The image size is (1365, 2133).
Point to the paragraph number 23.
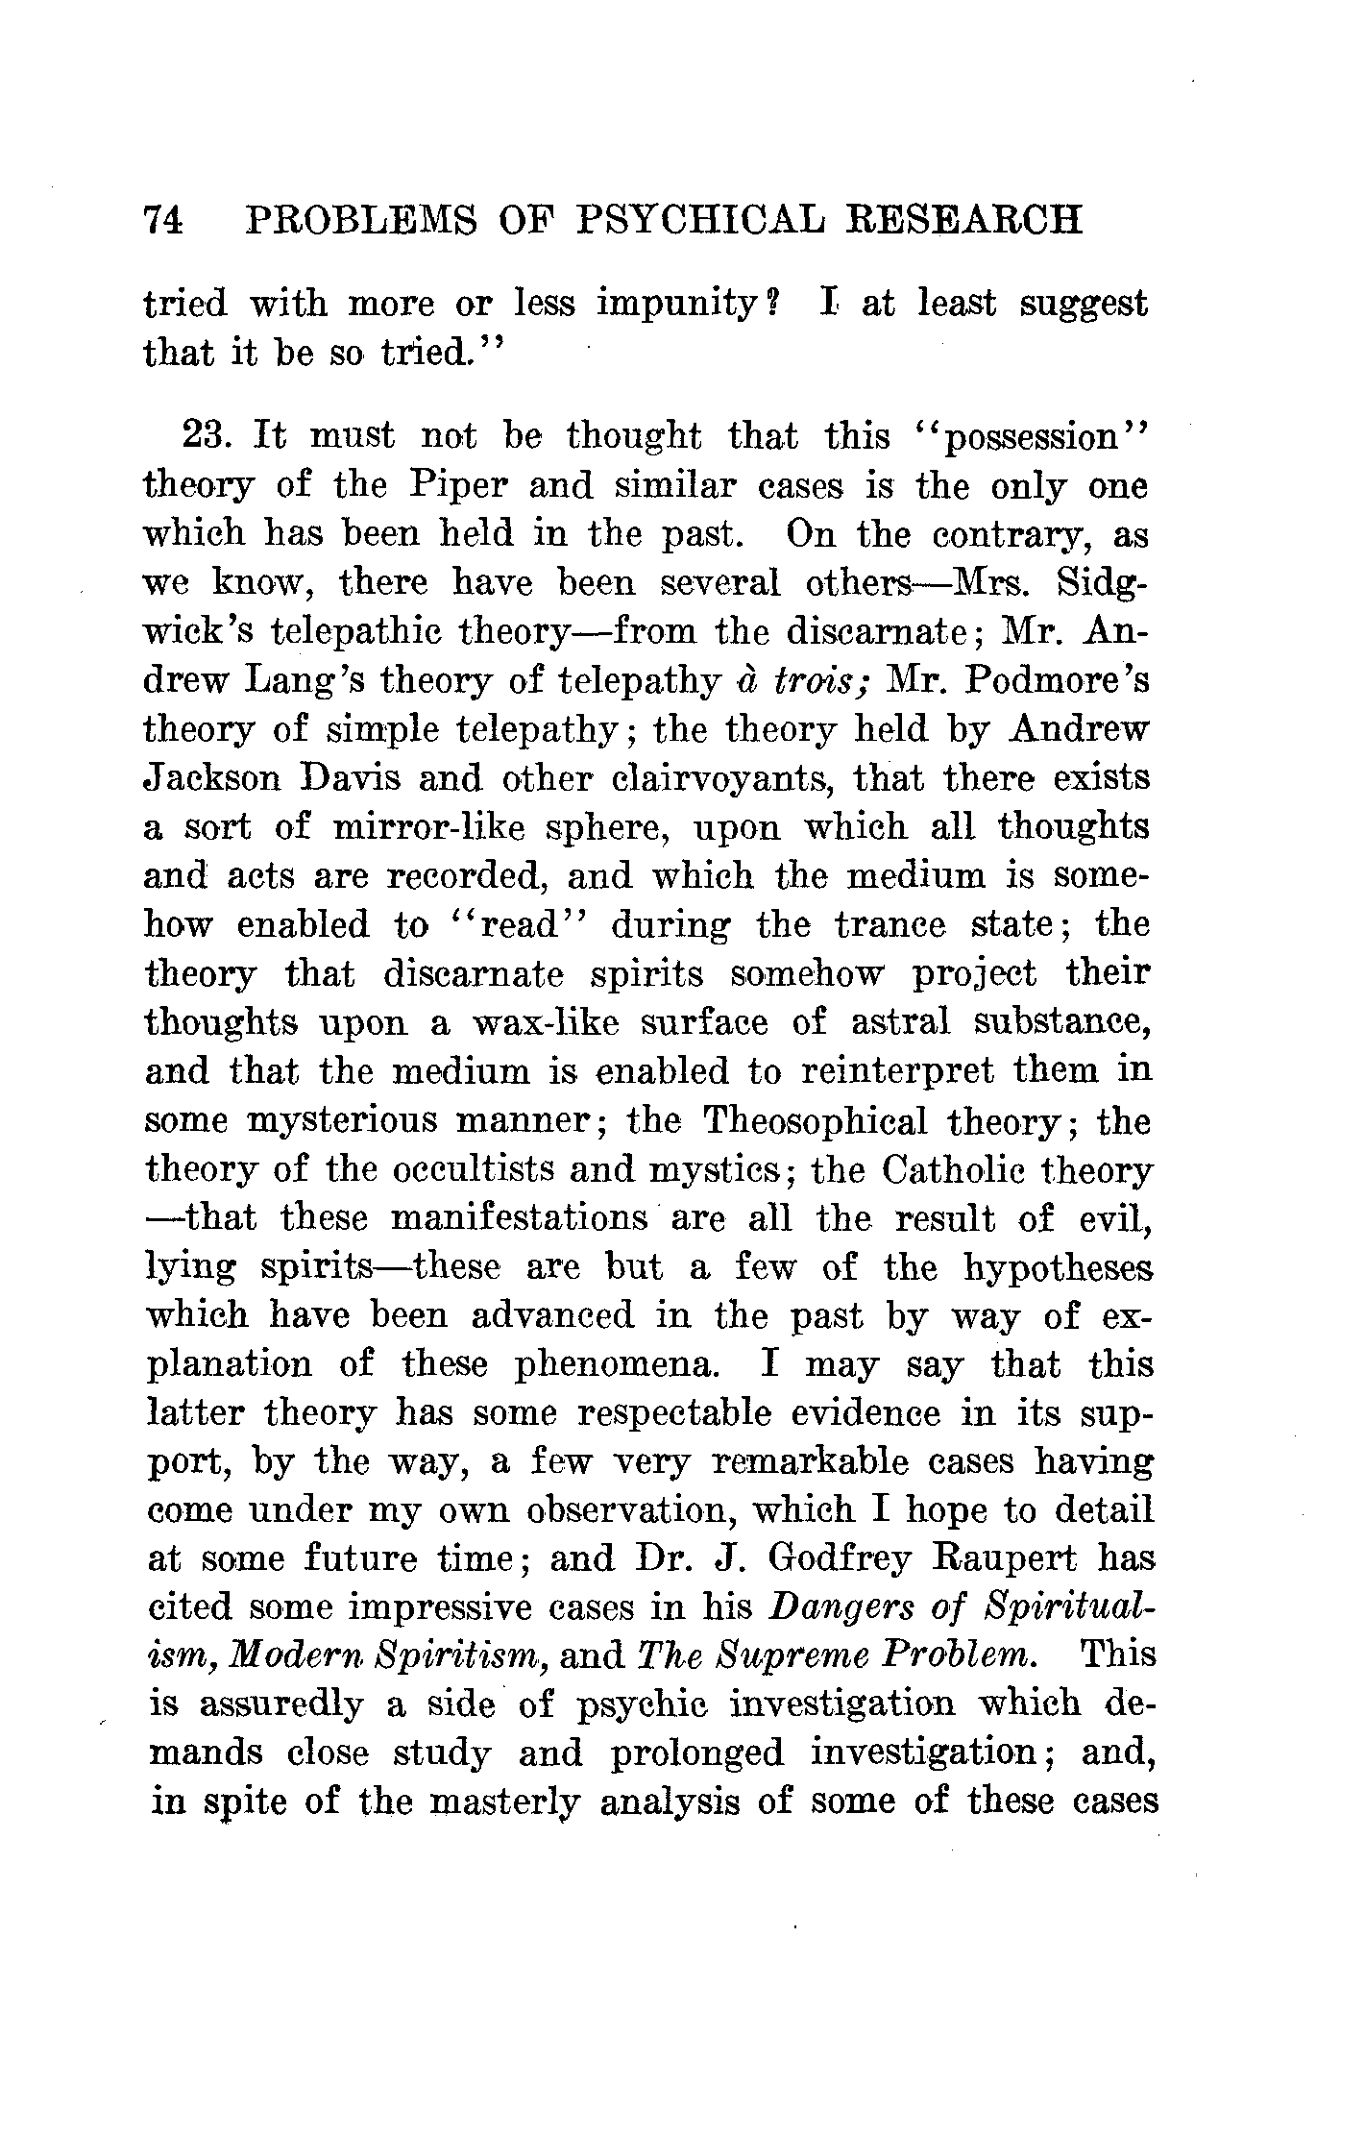click(x=204, y=436)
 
